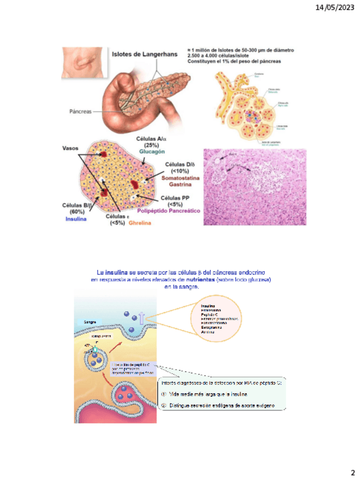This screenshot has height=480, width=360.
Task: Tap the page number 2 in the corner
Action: pyautogui.click(x=352, y=472)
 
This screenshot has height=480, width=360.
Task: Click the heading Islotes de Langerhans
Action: pyautogui.click(x=144, y=54)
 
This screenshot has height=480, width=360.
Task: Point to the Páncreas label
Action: pyautogui.click(x=76, y=111)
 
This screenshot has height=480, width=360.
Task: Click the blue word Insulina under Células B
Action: pyautogui.click(x=75, y=218)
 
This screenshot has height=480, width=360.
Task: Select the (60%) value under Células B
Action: pyautogui.click(x=76, y=212)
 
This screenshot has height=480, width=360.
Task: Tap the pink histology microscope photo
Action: pyautogui.click(x=254, y=187)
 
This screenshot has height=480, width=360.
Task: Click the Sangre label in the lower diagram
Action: pyautogui.click(x=90, y=322)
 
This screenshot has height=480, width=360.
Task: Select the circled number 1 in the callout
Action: pyautogui.click(x=164, y=394)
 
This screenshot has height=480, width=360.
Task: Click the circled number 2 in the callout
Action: pyautogui.click(x=164, y=406)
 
